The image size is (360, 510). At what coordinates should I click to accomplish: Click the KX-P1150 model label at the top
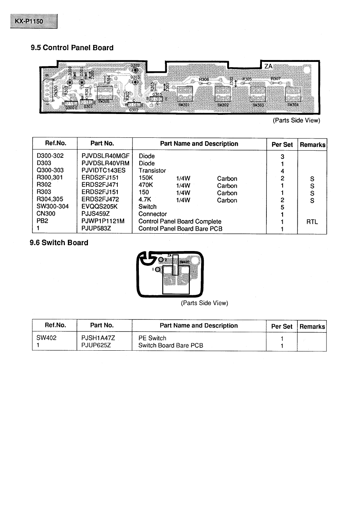34,21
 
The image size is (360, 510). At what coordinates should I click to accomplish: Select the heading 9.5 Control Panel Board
72,48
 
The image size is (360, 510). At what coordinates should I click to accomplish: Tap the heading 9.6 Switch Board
59,243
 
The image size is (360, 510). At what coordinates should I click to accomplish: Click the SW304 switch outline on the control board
293,94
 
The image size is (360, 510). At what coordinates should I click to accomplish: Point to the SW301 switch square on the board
185,94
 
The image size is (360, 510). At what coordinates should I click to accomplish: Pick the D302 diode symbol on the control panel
135,69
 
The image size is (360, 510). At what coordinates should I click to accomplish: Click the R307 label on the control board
276,79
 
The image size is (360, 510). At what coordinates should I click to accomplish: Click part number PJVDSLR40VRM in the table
105,163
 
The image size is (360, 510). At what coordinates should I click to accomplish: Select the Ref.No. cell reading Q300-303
50,170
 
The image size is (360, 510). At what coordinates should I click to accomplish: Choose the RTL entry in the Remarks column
312,222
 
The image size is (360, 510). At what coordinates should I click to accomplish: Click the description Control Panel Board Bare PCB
180,228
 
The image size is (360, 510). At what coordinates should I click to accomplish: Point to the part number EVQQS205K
100,206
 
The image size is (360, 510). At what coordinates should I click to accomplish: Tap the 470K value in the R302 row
146,185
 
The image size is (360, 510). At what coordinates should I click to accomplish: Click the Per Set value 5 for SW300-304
282,207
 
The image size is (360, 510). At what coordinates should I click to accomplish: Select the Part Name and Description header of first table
199,143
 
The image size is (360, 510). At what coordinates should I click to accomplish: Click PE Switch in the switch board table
152,338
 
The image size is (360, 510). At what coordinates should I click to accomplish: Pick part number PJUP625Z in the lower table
96,345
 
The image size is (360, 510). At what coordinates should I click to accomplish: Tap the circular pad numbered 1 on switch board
157,269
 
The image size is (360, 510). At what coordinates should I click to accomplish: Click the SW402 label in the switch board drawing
184,262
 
